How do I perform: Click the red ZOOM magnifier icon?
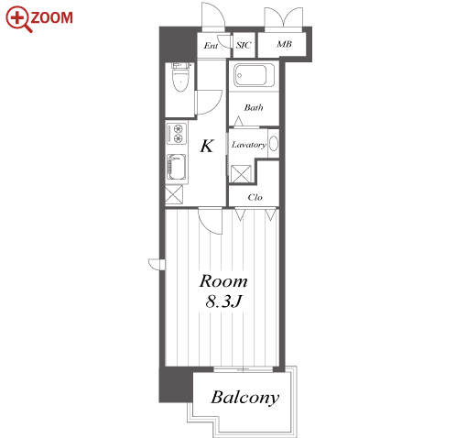17,18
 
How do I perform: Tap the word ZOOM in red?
51,17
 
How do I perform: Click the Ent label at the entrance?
211,46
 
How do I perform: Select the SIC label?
244,45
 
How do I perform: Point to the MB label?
284,44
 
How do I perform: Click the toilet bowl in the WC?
180,81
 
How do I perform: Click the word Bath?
254,107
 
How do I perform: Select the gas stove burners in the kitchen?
177,133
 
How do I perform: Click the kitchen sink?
176,167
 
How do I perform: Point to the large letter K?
207,146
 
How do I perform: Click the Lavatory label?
248,145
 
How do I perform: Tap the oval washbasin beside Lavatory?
274,144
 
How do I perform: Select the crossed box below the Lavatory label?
241,174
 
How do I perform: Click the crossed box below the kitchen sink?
174,194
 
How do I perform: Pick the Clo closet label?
255,197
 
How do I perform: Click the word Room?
223,281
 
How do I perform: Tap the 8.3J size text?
223,301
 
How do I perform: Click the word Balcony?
245,398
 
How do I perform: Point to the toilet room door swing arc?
215,106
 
